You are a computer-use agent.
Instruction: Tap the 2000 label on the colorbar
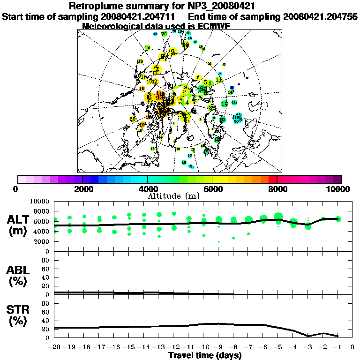tap(82, 189)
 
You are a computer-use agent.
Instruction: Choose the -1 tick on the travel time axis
tap(337, 348)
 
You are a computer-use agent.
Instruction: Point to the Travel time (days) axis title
tap(205, 355)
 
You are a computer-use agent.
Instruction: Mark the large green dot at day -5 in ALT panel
tap(279, 217)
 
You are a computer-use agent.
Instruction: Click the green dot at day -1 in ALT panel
tap(338, 219)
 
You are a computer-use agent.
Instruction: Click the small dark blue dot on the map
tap(232, 88)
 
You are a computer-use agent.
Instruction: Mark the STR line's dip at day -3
tap(308, 336)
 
